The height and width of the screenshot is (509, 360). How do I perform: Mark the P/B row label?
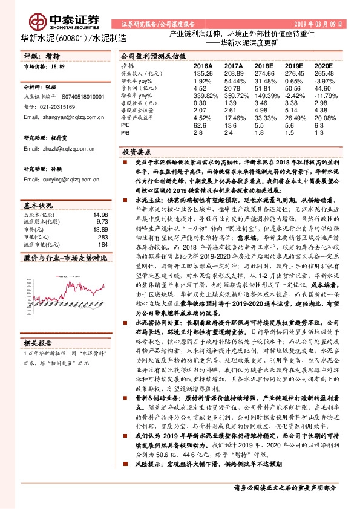tap(125, 133)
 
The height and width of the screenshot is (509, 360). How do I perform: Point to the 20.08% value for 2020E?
tap(324, 118)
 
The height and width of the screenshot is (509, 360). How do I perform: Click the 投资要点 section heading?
tap(137, 152)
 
